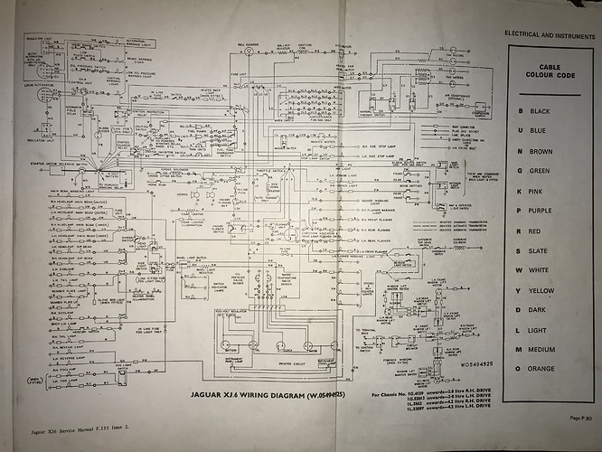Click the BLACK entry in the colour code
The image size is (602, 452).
point(541,110)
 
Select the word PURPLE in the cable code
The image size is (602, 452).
point(543,210)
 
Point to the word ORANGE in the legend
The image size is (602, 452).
point(544,368)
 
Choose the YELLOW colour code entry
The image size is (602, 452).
point(543,289)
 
